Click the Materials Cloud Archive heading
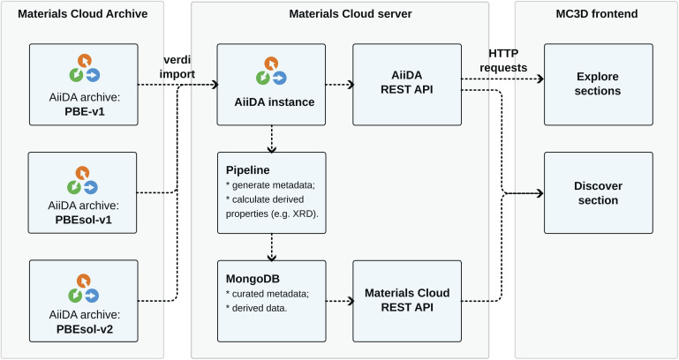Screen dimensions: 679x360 [83, 14]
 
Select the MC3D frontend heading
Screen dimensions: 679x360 [597, 14]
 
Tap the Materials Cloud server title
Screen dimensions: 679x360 [351, 14]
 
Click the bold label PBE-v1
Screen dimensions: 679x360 [85, 112]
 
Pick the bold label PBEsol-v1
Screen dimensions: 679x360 [84, 220]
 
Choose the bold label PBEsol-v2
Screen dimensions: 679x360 [85, 329]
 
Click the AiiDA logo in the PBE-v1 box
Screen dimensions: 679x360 [85, 68]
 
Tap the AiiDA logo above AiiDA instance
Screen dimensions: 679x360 [271, 71]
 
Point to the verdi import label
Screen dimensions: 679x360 [177, 67]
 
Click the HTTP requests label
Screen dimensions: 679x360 [503, 61]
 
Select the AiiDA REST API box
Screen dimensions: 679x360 [407, 85]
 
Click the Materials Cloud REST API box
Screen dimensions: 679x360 [407, 301]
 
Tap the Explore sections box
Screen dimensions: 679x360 [599, 85]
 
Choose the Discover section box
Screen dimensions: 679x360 [599, 193]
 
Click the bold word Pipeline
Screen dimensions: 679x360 [248, 170]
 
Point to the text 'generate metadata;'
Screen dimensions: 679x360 [274, 185]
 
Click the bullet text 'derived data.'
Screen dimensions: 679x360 [260, 308]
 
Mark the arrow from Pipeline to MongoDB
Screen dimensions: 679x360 [272, 247]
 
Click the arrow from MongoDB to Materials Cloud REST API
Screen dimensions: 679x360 [340, 301]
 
